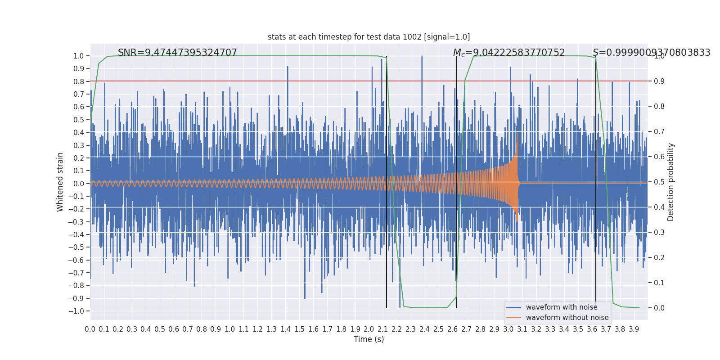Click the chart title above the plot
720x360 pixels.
coord(369,37)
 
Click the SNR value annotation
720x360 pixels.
coord(177,53)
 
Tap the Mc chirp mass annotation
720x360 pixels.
coord(508,53)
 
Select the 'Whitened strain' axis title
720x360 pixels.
coord(60,182)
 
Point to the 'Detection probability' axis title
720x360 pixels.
coord(671,182)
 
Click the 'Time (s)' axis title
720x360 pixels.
coord(369,339)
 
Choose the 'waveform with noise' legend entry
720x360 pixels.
coord(562,307)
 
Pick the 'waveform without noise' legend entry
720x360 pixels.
coord(567,318)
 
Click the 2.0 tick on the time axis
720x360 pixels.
coord(369,329)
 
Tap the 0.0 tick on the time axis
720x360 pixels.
coord(90,329)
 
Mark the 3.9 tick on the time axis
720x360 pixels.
coord(634,329)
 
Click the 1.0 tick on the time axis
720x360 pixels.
coord(229,329)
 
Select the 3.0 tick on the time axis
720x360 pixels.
coord(508,329)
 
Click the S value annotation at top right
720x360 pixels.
coord(651,53)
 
